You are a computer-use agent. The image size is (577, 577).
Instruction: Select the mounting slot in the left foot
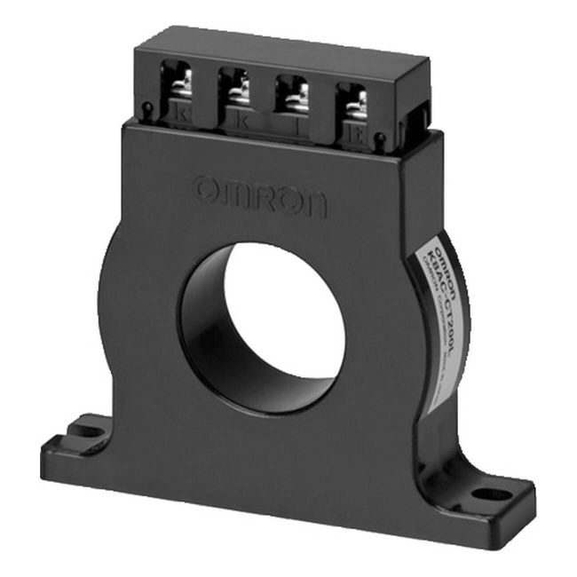click(x=88, y=431)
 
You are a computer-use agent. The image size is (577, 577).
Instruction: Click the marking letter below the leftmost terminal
click(x=182, y=113)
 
